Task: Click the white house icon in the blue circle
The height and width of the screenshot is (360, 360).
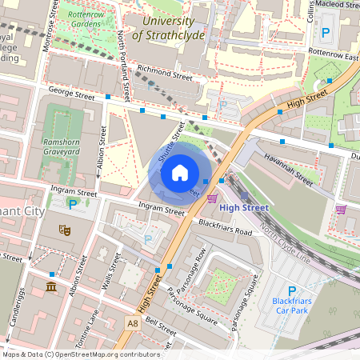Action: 179,172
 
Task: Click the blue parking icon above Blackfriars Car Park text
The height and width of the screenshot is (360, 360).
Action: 291,292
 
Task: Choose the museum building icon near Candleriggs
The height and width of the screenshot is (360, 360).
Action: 50,286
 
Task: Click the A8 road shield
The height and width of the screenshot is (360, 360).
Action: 132,322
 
